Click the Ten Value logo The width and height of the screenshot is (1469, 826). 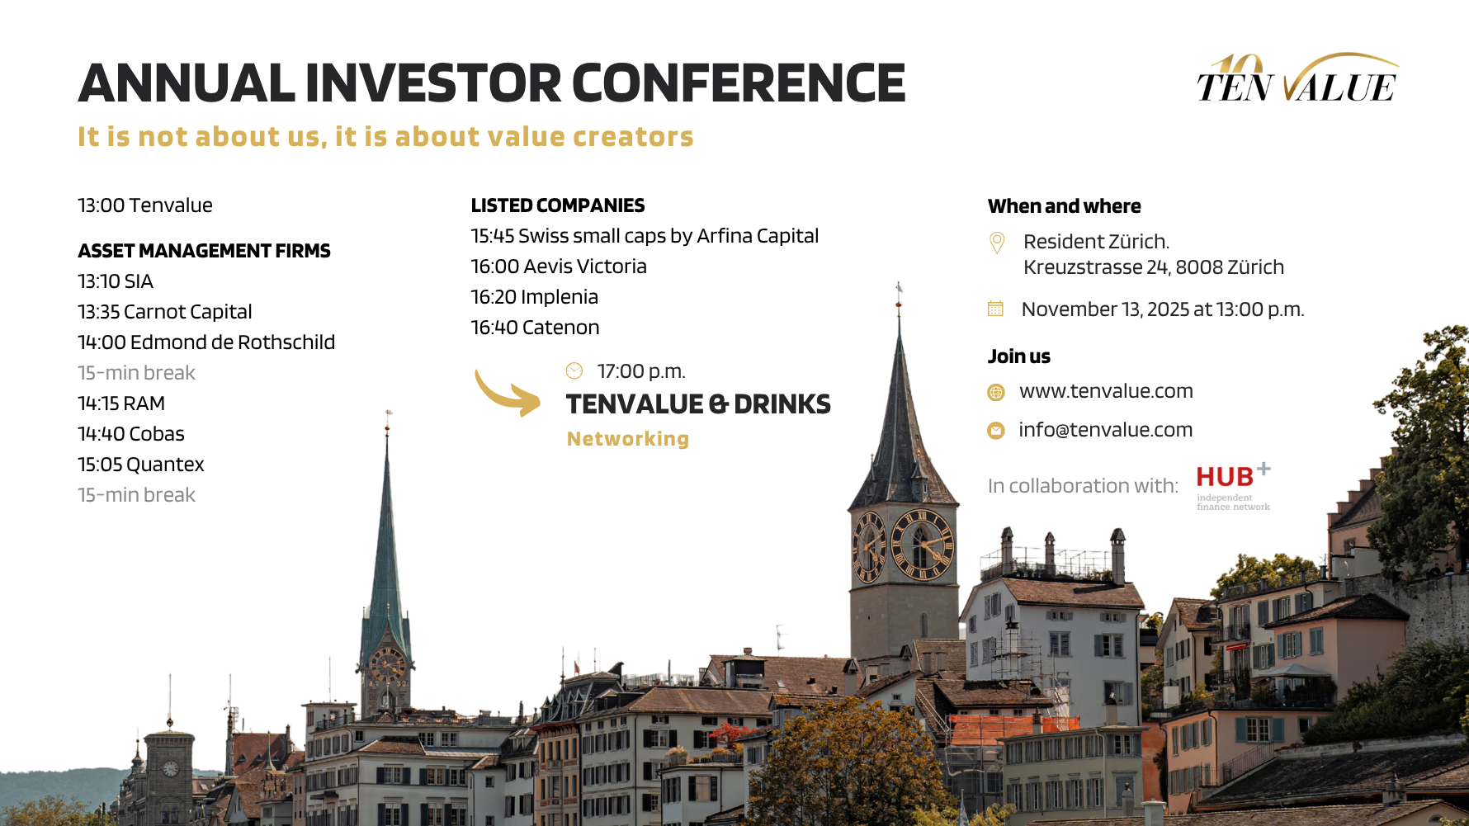point(1297,78)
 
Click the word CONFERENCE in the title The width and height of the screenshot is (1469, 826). point(739,83)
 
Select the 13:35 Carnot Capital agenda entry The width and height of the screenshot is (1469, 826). point(165,312)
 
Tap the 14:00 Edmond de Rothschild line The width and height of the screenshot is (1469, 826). point(206,342)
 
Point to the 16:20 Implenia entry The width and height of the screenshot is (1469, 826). point(535,297)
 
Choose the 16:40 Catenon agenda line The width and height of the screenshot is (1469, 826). point(535,328)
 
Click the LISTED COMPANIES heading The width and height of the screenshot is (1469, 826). point(558,205)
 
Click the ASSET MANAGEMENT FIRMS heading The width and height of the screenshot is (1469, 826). point(204,251)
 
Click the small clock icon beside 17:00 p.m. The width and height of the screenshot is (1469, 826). point(574,371)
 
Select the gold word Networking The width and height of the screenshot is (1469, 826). point(628,439)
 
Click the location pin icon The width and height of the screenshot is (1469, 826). point(997,243)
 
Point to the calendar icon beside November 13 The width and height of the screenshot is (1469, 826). point(996,309)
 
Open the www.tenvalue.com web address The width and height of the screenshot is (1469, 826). point(1106,391)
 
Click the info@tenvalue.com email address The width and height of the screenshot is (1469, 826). point(1106,430)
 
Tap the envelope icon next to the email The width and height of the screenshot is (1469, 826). point(996,431)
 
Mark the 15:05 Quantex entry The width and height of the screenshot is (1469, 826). point(141,465)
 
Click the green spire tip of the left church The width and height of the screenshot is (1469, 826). point(388,413)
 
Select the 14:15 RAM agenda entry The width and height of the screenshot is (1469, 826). point(121,404)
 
